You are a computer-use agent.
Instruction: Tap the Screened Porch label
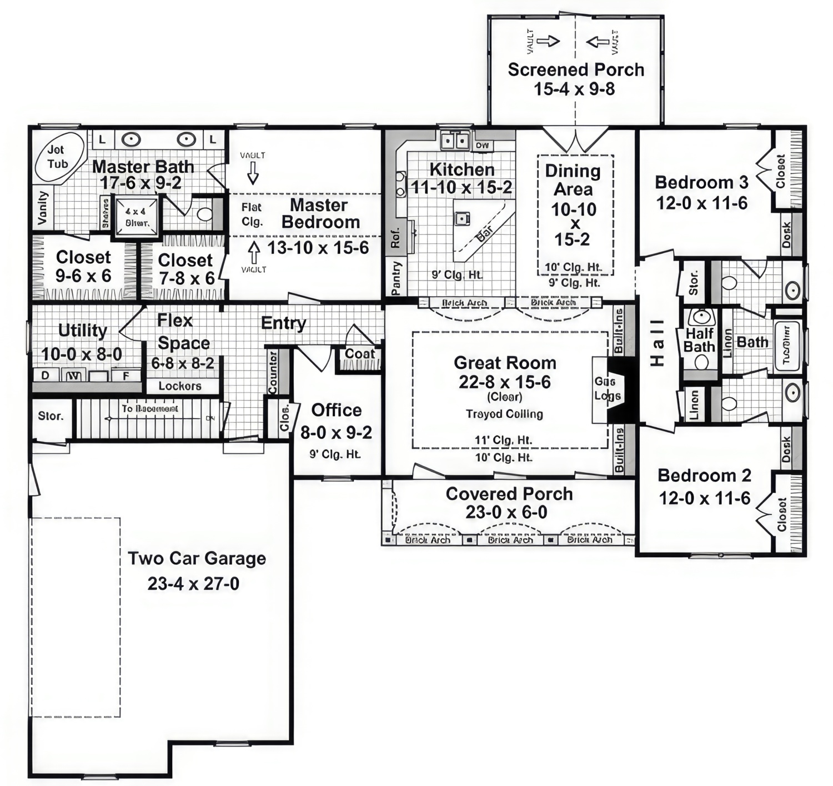click(x=576, y=70)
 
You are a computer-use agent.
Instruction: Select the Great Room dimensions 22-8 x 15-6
click(x=504, y=382)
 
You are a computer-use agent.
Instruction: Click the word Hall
click(x=657, y=343)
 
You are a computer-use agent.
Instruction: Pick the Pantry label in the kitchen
click(x=396, y=278)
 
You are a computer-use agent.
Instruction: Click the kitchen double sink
click(x=455, y=141)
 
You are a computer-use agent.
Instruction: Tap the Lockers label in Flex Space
click(x=180, y=386)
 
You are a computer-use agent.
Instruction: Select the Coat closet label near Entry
click(x=360, y=354)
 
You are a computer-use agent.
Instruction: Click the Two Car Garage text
click(x=197, y=558)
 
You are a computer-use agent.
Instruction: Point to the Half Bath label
click(x=699, y=340)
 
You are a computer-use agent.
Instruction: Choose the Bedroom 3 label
click(x=701, y=182)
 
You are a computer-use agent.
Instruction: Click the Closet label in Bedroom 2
click(x=782, y=514)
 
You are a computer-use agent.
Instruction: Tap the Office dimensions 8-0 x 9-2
click(x=336, y=432)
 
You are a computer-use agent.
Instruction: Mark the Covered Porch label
click(x=509, y=494)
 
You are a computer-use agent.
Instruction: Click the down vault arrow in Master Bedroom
click(x=253, y=172)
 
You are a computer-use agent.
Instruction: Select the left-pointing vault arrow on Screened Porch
click(x=598, y=42)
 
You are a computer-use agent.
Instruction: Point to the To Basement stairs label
click(x=150, y=409)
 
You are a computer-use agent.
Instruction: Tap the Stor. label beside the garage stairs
click(x=51, y=416)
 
